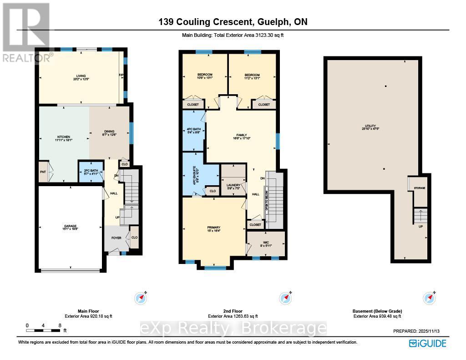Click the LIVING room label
tap(81, 76)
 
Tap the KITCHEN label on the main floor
tap(63, 137)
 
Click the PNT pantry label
tap(42, 172)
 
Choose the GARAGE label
tap(70, 226)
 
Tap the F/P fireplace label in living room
tap(122, 75)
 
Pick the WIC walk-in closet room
tap(266, 243)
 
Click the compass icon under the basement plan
tap(429, 298)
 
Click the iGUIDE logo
tap(427, 343)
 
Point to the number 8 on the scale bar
tap(60, 325)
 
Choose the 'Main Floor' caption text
tap(88, 311)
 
